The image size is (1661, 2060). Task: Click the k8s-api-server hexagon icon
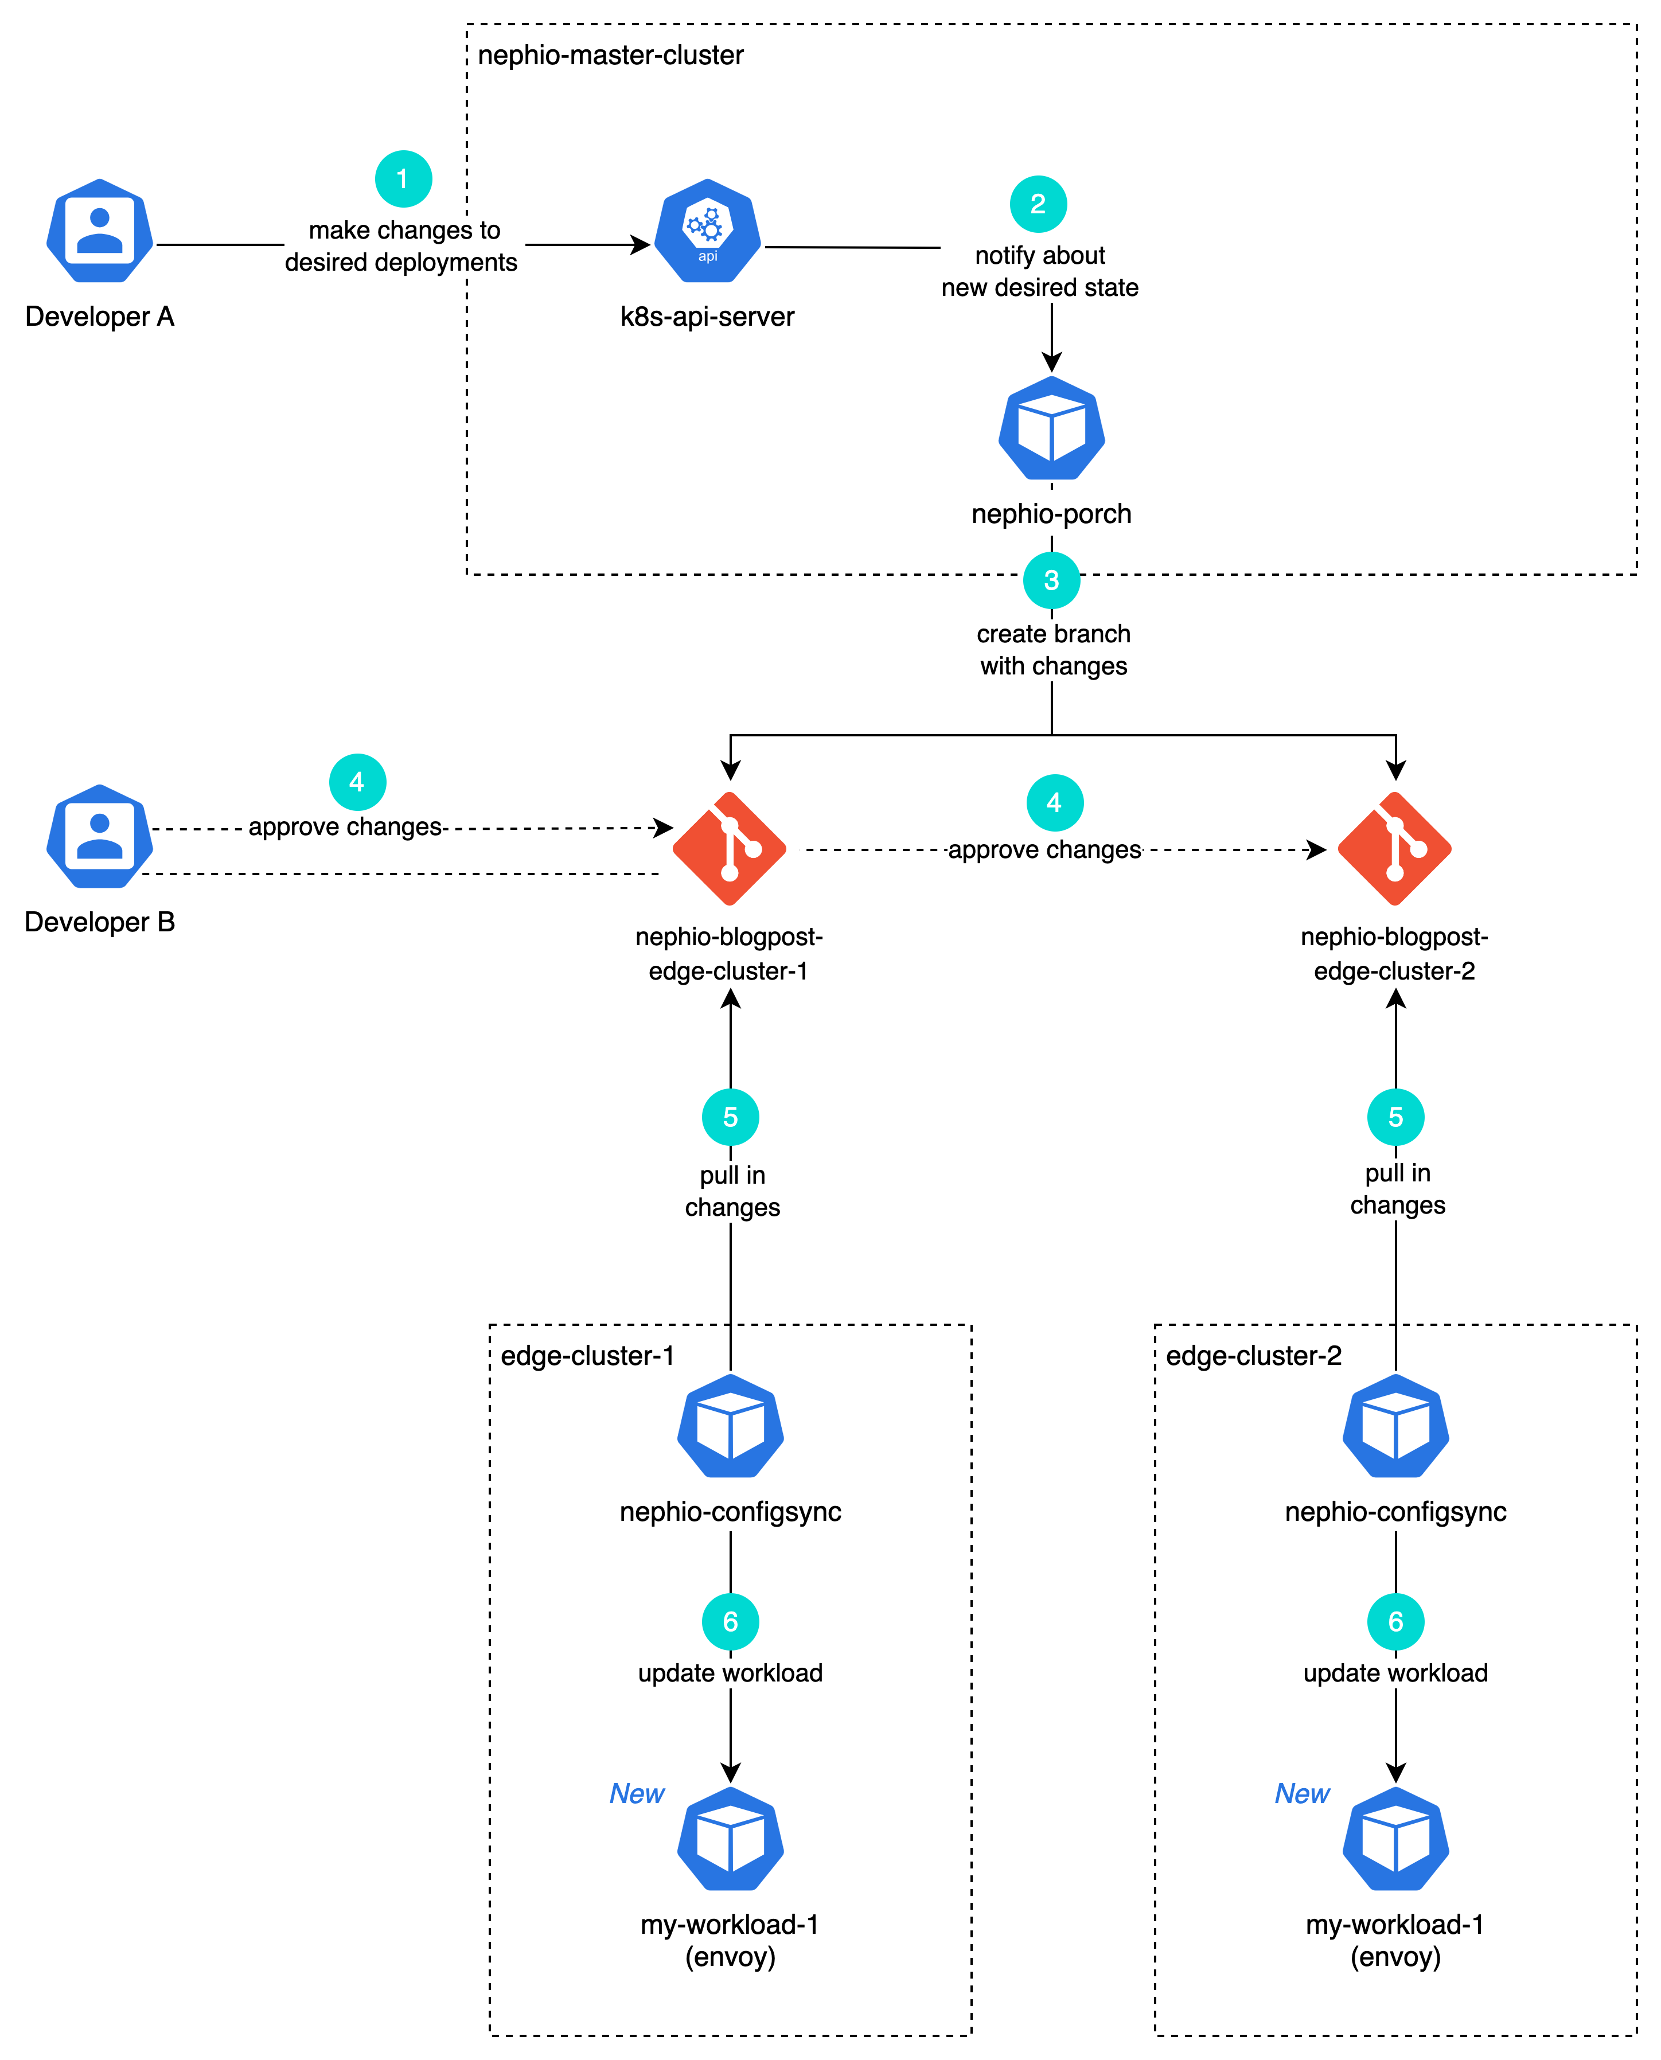tap(707, 232)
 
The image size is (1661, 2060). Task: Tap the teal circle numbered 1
tap(403, 179)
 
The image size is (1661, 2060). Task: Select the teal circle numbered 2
tap(1038, 204)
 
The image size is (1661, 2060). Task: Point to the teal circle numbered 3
tap(1051, 580)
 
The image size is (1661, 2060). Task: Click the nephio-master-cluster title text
tap(610, 56)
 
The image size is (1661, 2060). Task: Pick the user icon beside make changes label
tap(99, 231)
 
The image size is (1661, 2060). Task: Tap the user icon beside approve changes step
tap(99, 836)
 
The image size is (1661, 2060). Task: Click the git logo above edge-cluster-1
tap(730, 850)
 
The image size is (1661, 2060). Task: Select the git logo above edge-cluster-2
tap(1395, 850)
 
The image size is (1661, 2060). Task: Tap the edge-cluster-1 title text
tap(587, 1356)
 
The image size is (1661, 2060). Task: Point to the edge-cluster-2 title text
tap(1253, 1356)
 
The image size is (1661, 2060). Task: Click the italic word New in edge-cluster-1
tap(636, 1794)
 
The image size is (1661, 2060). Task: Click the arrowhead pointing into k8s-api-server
tap(641, 245)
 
